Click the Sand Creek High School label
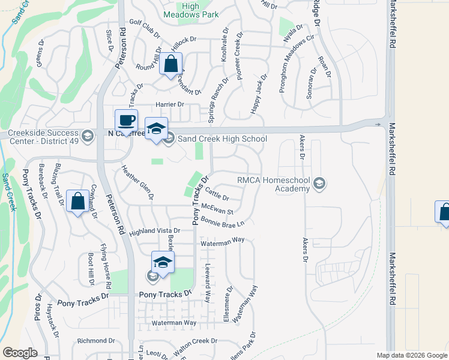[x=221, y=139]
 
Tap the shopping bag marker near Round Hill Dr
[x=170, y=64]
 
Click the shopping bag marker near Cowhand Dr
[x=78, y=202]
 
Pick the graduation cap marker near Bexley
[x=163, y=262]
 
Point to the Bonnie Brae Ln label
[x=223, y=223]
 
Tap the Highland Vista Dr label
[x=154, y=230]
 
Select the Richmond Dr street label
[x=95, y=341]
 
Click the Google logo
[x=20, y=353]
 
